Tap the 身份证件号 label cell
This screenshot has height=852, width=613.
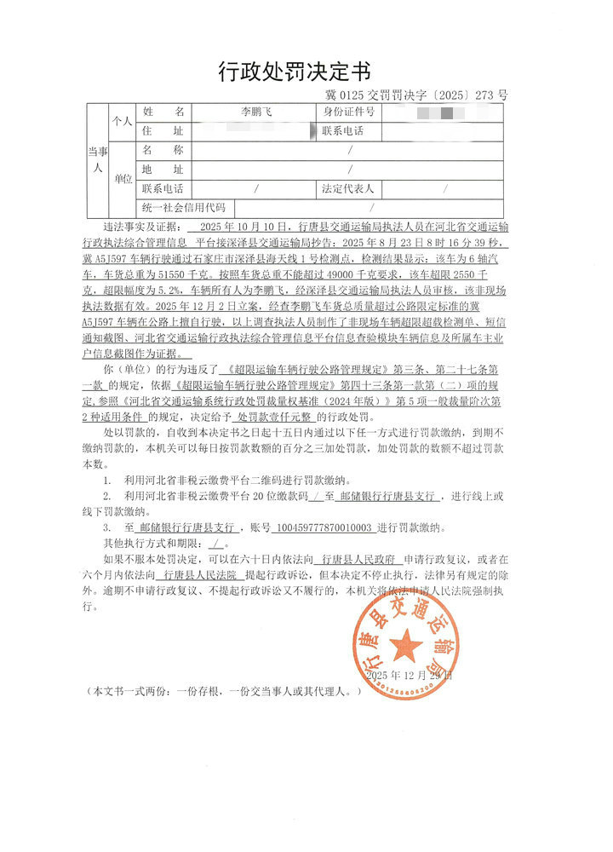348,112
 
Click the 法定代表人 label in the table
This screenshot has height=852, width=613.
348,188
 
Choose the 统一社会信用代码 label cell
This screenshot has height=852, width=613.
184,207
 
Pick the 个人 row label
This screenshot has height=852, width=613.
123,122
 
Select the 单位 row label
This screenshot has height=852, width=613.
123,179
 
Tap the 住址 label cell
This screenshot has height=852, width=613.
163,131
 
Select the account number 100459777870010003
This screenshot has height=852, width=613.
324,527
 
